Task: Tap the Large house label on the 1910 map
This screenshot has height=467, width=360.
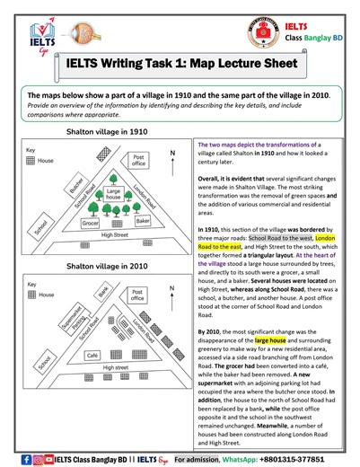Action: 113,192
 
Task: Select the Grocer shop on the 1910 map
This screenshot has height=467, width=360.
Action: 90,221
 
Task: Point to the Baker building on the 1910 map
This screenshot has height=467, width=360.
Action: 142,220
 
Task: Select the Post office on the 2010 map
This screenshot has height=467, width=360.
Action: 136,296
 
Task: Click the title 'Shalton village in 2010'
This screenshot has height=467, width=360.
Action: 101,267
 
